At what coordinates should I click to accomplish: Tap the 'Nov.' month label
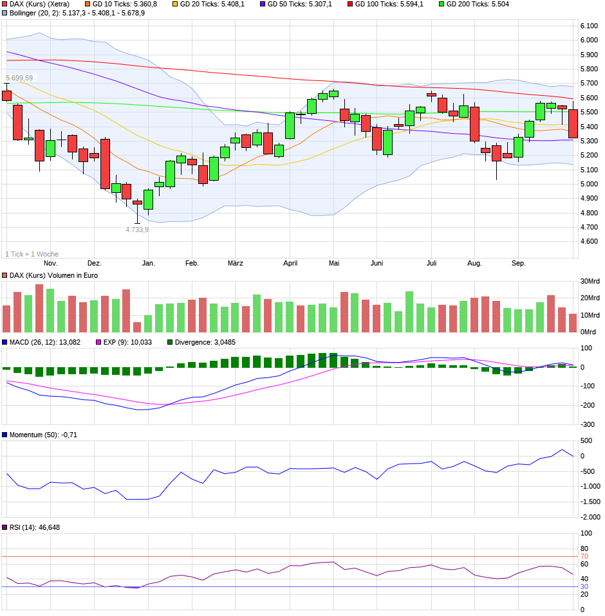(50, 264)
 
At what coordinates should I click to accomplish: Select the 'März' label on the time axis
(235, 264)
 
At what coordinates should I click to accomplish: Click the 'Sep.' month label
(518, 264)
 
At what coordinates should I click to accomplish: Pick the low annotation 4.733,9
(136, 230)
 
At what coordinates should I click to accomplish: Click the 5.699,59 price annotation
(19, 78)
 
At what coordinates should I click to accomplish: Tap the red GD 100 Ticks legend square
(350, 4)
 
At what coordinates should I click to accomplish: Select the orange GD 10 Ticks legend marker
(88, 4)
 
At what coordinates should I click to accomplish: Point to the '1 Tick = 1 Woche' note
(32, 254)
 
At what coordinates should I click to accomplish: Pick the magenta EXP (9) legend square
(98, 342)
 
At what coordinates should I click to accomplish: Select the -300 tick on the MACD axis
(586, 424)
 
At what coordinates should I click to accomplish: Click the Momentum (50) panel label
(37, 435)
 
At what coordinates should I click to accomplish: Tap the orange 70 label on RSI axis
(584, 556)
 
